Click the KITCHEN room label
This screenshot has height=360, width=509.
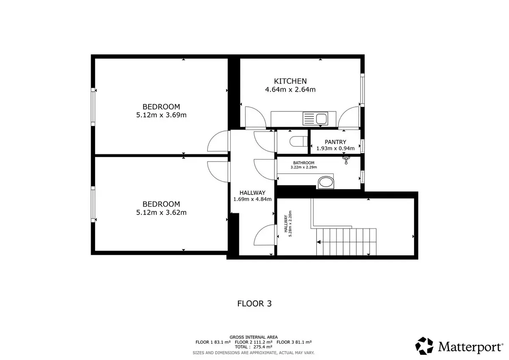(290, 81)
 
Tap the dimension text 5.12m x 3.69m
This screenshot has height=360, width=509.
(161, 115)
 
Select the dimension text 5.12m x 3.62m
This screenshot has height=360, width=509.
(161, 212)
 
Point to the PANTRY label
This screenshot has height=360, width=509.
(336, 142)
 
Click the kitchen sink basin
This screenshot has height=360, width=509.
(322, 119)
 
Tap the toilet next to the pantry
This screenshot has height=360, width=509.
(298, 142)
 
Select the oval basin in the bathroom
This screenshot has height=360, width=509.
(326, 182)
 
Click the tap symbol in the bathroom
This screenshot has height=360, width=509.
(346, 160)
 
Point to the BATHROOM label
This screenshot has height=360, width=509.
(304, 163)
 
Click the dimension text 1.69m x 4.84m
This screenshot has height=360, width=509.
(252, 199)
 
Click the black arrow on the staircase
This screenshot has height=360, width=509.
(319, 242)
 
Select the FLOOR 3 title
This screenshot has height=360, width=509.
(254, 304)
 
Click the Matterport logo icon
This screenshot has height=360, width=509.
(424, 346)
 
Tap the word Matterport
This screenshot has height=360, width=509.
(470, 347)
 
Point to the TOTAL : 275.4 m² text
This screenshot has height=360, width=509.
(254, 347)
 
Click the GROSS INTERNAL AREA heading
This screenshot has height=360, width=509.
(254, 337)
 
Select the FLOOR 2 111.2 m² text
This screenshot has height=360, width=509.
(254, 342)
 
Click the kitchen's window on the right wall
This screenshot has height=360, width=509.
(362, 90)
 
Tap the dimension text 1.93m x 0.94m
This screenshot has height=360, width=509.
(336, 148)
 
